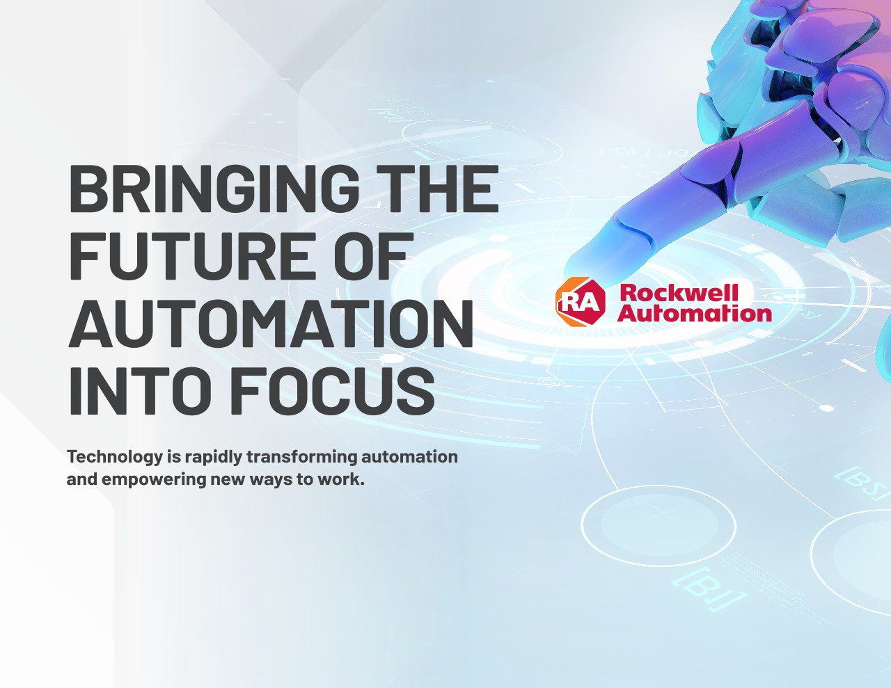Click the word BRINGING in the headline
213,189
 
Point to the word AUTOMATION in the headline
271,323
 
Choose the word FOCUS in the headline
332,390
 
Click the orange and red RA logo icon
581,302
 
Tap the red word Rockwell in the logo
679,293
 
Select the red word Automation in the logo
695,314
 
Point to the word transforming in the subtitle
302,457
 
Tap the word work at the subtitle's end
340,479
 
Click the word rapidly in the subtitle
213,457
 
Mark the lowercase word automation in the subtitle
409,456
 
